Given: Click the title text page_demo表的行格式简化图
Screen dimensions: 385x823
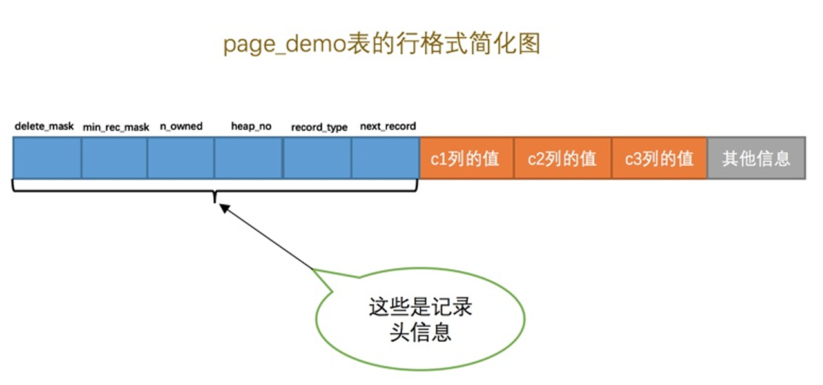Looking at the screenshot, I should (x=382, y=44).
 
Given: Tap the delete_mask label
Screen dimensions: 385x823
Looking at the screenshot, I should (x=44, y=126).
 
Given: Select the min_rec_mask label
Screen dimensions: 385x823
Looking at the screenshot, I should (x=116, y=128).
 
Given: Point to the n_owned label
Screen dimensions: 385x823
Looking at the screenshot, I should (x=181, y=126).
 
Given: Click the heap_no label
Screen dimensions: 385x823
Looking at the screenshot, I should (x=251, y=126).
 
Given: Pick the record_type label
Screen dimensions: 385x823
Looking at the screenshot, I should (x=319, y=128).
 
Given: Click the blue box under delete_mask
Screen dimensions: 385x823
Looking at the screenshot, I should (x=47, y=158).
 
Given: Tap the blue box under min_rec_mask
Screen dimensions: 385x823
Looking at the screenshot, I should (x=114, y=158).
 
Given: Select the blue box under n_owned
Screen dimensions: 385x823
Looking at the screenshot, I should (x=180, y=158).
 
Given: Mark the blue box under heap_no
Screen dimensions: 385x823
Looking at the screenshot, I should (x=248, y=158).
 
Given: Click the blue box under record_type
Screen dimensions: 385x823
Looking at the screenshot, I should (x=317, y=158).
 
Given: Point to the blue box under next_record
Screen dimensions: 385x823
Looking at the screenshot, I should (x=385, y=158).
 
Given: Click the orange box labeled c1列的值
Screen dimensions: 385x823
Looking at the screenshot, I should (x=466, y=158).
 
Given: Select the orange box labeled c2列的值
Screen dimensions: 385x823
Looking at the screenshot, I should (x=562, y=158).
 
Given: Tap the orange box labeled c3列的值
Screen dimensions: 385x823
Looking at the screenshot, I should (x=659, y=158).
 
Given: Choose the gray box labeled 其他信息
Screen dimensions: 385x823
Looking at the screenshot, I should (x=757, y=158).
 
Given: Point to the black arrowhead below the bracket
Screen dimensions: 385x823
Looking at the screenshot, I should (x=224, y=208).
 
